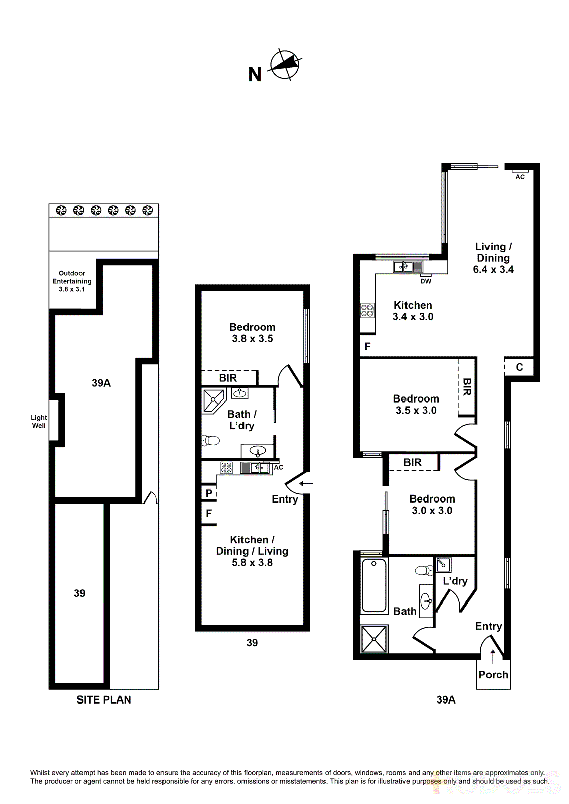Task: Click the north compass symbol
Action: [285, 65]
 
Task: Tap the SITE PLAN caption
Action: [104, 700]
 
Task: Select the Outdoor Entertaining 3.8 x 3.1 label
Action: [72, 281]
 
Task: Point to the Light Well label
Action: [39, 421]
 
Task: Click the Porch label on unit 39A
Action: [493, 675]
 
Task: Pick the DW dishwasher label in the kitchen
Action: [426, 281]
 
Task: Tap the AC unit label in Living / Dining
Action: [520, 177]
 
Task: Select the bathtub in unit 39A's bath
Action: [374, 585]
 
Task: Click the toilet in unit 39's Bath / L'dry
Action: [211, 441]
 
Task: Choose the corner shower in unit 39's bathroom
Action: [213, 400]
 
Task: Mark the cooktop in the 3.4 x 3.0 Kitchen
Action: [367, 310]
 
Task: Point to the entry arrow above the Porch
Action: [493, 656]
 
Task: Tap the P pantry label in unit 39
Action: [209, 493]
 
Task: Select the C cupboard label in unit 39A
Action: [519, 367]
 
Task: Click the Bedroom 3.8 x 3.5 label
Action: [252, 333]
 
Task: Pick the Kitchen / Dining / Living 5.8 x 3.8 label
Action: [252, 551]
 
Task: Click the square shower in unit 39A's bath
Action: [375, 639]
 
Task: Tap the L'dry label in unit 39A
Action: [455, 581]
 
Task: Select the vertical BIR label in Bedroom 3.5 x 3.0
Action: [467, 387]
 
